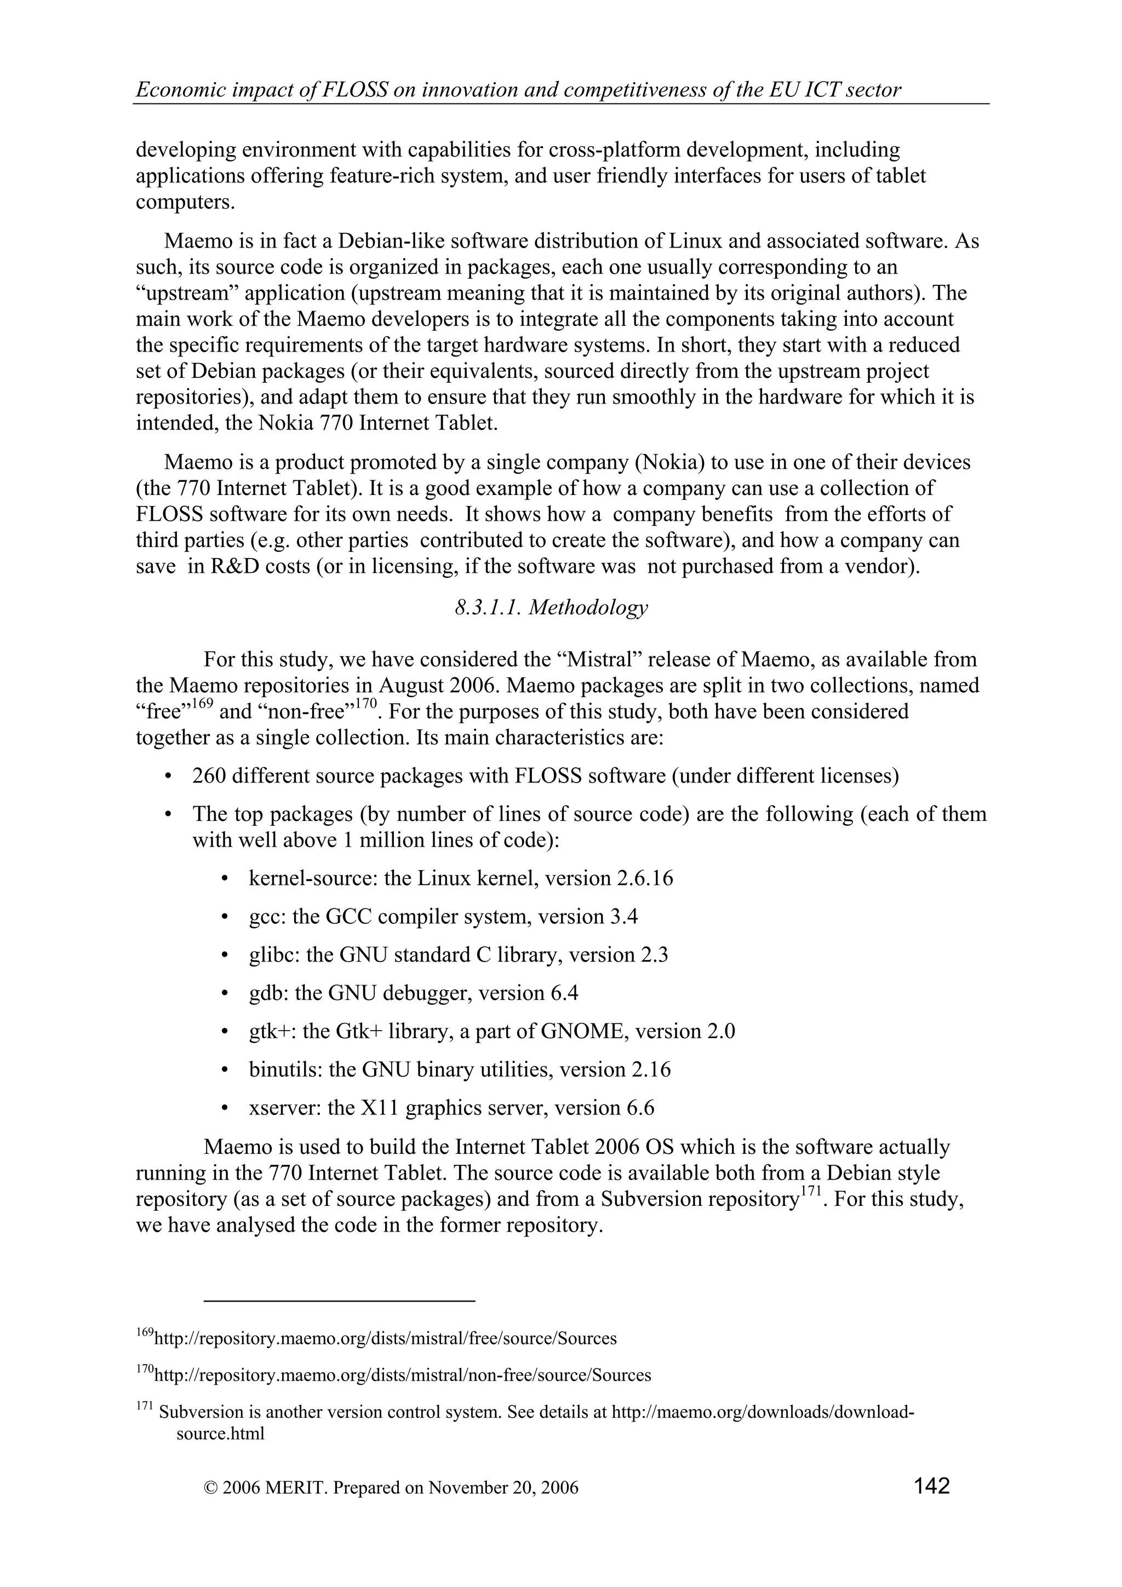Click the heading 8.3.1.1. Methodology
pos(551,608)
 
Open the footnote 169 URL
pos(385,1339)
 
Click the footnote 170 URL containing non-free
pos(402,1376)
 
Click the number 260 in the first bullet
pos(209,776)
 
